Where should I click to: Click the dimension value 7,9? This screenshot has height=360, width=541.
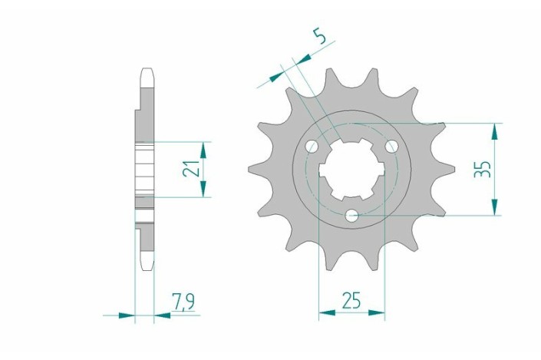(x=183, y=302)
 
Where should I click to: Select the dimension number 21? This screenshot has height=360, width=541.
(x=191, y=169)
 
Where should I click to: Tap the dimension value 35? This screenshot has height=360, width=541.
(x=483, y=169)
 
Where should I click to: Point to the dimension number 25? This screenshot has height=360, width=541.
(x=351, y=300)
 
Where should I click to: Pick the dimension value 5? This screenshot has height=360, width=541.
(x=320, y=36)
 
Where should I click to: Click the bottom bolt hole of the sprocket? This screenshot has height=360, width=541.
(x=351, y=216)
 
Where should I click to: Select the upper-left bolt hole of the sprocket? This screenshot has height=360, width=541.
(x=312, y=147)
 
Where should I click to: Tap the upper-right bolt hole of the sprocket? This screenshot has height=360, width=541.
(x=391, y=147)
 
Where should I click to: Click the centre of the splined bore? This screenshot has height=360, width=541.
(x=351, y=170)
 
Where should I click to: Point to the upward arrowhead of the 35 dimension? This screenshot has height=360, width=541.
(x=495, y=131)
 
